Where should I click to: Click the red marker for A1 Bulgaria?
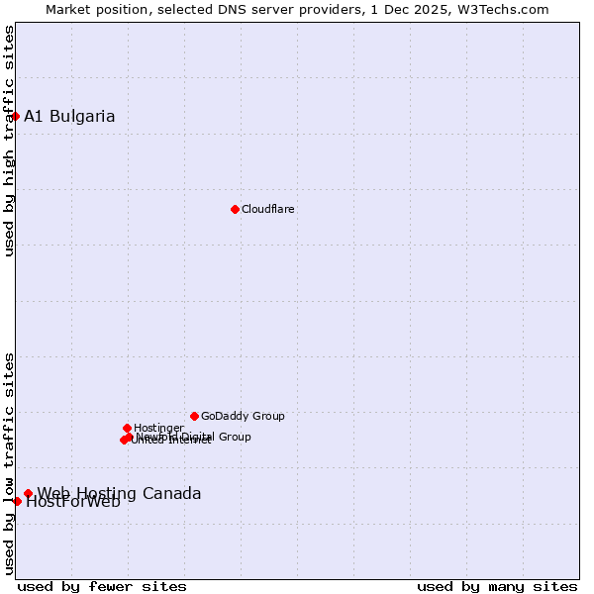pos(15,117)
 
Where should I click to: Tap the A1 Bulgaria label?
pos(69,117)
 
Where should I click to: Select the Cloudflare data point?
pos(235,209)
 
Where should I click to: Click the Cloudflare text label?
pos(268,209)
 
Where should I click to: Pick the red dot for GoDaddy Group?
pos(194,416)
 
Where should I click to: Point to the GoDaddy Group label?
pos(243,416)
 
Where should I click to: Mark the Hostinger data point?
pos(127,428)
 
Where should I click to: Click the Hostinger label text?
pos(158,428)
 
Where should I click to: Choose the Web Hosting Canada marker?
pos(28,493)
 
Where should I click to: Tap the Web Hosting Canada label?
pos(119,493)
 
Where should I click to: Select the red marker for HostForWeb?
pos(17,501)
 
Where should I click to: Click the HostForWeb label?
pos(73,502)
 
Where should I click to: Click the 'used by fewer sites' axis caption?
pos(102,586)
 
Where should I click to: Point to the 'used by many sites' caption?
pos(497,586)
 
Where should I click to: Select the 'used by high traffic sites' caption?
pos(10,141)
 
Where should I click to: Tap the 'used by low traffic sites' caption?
pos(10,463)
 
